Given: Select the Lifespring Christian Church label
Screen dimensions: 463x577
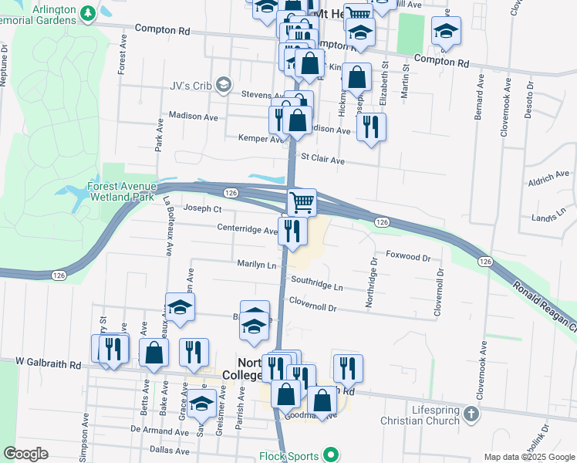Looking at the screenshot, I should pos(425,414).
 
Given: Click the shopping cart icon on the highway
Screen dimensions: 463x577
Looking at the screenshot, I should pos(302,201).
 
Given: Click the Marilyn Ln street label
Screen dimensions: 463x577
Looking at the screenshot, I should pos(256,265).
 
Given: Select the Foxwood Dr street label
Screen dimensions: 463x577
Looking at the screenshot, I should pos(407,255).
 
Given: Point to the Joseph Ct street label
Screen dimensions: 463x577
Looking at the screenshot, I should pos(203,208).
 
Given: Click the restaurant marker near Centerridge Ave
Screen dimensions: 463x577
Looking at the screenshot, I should pos(292,229).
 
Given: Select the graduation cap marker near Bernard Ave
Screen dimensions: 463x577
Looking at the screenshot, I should pos(445,31).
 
